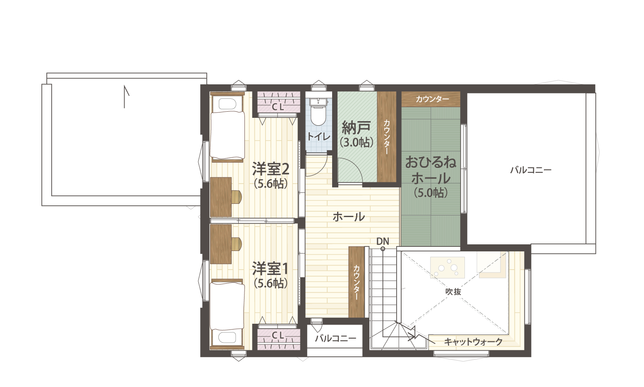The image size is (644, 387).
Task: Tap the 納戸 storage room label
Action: pos(356,128)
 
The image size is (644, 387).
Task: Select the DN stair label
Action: pos(383,241)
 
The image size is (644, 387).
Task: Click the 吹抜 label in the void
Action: pos(453,291)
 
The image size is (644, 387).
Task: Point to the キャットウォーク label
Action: pos(473,342)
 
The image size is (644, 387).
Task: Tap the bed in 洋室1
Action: pos(227,314)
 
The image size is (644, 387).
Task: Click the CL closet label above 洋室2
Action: pos(278,107)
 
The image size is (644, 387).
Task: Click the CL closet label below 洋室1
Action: pos(278,335)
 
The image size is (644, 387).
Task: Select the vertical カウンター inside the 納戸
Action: pos(387,137)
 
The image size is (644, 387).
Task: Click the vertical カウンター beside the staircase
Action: pos(357,282)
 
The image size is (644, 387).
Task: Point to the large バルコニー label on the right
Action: pos(531,170)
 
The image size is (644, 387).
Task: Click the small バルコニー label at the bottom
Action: pos(335,338)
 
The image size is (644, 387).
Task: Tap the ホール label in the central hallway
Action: pos(349,217)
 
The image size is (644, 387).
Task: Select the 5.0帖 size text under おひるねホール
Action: pos(431,193)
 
